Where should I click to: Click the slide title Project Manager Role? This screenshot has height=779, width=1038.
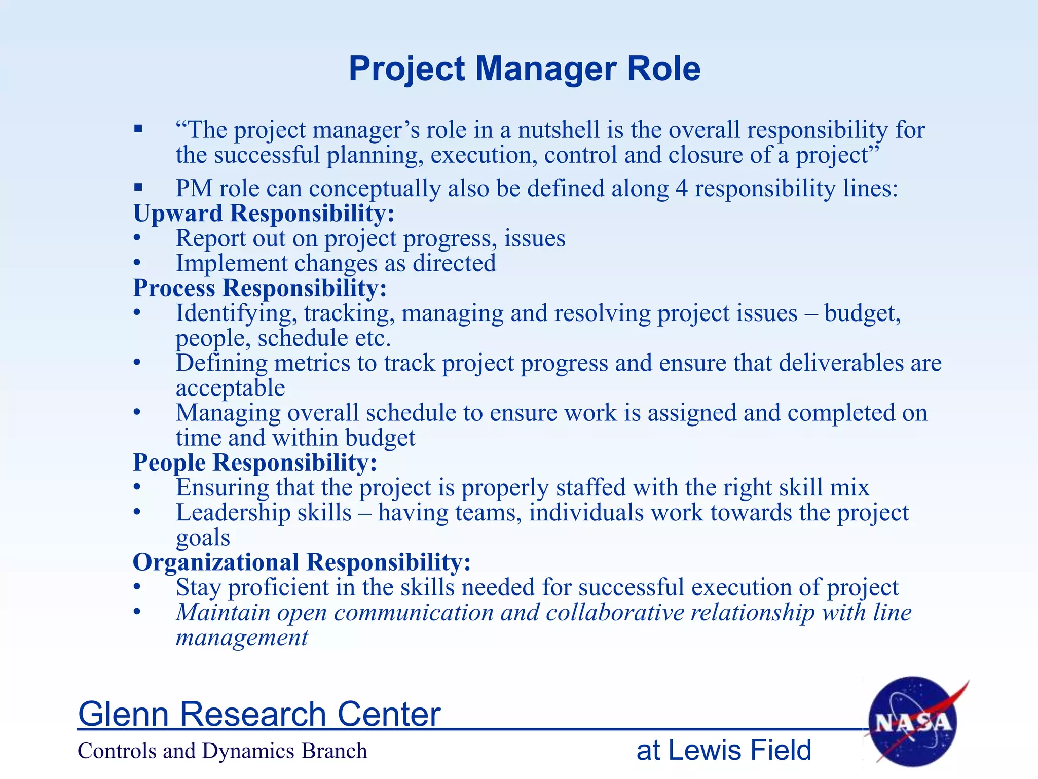pos(524,68)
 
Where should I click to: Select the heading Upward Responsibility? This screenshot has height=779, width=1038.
pos(264,213)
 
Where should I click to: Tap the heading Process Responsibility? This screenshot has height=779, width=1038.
pos(260,288)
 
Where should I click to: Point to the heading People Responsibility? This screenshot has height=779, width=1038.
pos(255,463)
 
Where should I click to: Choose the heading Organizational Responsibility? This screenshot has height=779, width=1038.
pos(302,562)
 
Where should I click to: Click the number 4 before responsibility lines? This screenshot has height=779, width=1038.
pos(682,189)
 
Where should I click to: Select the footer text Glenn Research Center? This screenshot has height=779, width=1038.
pos(259,714)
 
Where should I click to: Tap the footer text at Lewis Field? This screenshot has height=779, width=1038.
pos(724,750)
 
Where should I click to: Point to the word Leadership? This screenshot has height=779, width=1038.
pos(264,513)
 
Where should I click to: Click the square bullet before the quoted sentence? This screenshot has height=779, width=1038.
pos(138,129)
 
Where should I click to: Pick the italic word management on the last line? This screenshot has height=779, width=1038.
pos(242,638)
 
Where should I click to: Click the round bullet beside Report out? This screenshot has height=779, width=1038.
pos(137,238)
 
